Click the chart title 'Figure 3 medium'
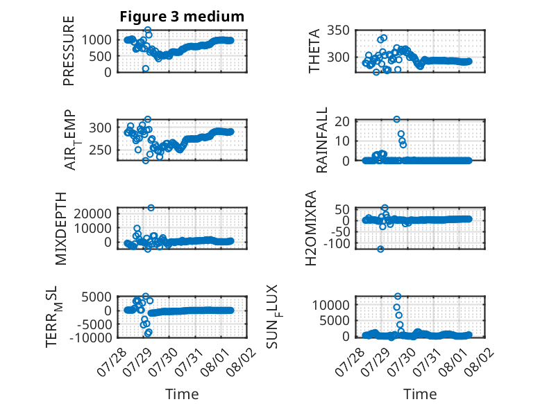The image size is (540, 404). click(182, 17)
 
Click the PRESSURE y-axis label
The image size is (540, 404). click(69, 51)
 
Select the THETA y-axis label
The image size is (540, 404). click(314, 51)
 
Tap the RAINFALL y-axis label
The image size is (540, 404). click(321, 140)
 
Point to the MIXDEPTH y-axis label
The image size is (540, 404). click(60, 228)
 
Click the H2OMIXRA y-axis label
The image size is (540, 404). click(311, 228)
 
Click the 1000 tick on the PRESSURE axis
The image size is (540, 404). click(96, 40)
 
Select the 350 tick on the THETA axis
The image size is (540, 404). click(338, 30)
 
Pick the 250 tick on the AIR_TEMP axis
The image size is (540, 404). click(100, 150)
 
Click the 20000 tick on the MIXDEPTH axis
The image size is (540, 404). click(92, 213)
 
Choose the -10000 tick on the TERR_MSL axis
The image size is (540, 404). click(91, 337)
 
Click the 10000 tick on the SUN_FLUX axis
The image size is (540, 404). click(330, 305)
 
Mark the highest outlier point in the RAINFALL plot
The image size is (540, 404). click(397, 119)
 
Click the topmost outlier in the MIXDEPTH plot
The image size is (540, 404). click(151, 208)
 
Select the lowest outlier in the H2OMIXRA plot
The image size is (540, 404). click(380, 249)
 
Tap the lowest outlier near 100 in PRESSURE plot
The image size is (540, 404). click(146, 69)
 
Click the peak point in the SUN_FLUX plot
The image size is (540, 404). click(398, 296)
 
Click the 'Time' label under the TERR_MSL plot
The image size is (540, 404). click(182, 394)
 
